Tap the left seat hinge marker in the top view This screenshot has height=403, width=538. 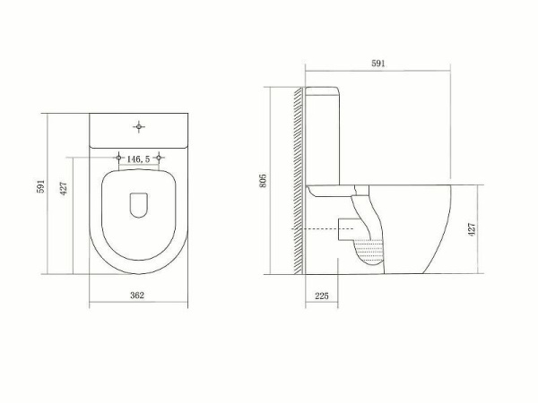pyautogui.click(x=117, y=159)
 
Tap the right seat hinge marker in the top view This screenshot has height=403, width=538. pyautogui.click(x=160, y=159)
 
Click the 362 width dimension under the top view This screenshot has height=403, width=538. pyautogui.click(x=137, y=294)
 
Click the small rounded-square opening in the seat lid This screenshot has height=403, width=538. pyautogui.click(x=138, y=205)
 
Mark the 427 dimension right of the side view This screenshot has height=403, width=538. pyautogui.click(x=472, y=227)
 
